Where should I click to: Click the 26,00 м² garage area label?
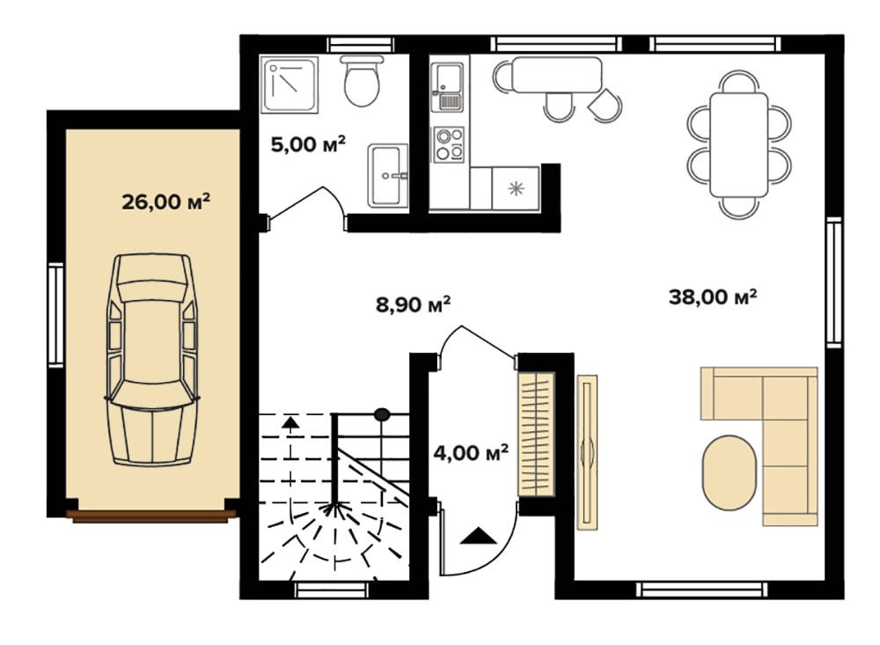click(165, 201)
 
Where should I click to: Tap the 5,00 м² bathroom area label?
click(307, 144)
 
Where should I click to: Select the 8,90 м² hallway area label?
click(413, 304)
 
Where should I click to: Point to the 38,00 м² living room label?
click(713, 297)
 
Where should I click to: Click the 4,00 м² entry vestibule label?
click(471, 452)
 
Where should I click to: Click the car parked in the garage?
click(151, 359)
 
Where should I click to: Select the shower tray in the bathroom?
click(290, 84)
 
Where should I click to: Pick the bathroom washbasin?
click(388, 176)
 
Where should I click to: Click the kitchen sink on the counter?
click(447, 87)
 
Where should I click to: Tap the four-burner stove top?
click(449, 144)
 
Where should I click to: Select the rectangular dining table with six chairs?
click(738, 145)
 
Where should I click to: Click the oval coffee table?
click(729, 473)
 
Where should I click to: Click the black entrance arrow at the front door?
click(478, 536)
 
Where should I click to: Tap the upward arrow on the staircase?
click(290, 425)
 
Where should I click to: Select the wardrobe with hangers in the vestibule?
click(536, 434)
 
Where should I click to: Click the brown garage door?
click(151, 517)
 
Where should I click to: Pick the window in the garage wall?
click(56, 316)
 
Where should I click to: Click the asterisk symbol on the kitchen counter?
click(515, 188)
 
